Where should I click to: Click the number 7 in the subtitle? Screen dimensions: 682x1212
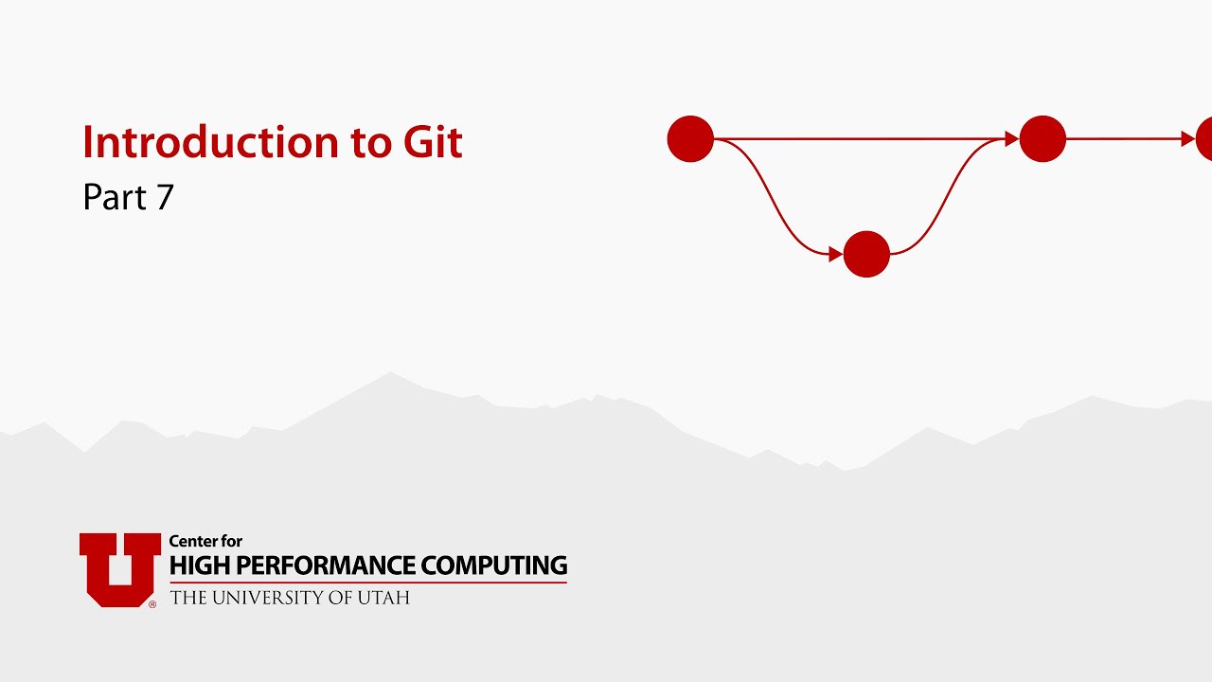(x=166, y=197)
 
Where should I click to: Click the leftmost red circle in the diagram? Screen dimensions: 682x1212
(x=690, y=139)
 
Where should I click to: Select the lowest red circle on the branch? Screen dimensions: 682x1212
(x=866, y=254)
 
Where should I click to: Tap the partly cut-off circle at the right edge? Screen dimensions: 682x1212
(x=1204, y=139)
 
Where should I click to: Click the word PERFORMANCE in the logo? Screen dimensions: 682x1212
(x=322, y=566)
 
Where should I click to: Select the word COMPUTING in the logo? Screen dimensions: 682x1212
(x=494, y=566)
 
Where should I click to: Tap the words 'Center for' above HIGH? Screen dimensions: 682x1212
(x=205, y=541)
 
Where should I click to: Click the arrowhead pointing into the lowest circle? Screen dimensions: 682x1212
(x=835, y=254)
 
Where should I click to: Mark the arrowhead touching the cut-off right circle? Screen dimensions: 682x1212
(x=1188, y=139)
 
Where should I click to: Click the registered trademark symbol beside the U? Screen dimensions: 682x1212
(x=152, y=603)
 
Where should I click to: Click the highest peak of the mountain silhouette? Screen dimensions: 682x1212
(x=390, y=373)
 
